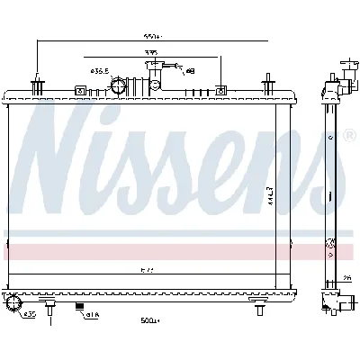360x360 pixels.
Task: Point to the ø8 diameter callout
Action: [190, 69]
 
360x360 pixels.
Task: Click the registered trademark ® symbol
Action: [348, 138]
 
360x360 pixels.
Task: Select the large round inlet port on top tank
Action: [118, 86]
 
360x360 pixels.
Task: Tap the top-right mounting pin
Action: [270, 83]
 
